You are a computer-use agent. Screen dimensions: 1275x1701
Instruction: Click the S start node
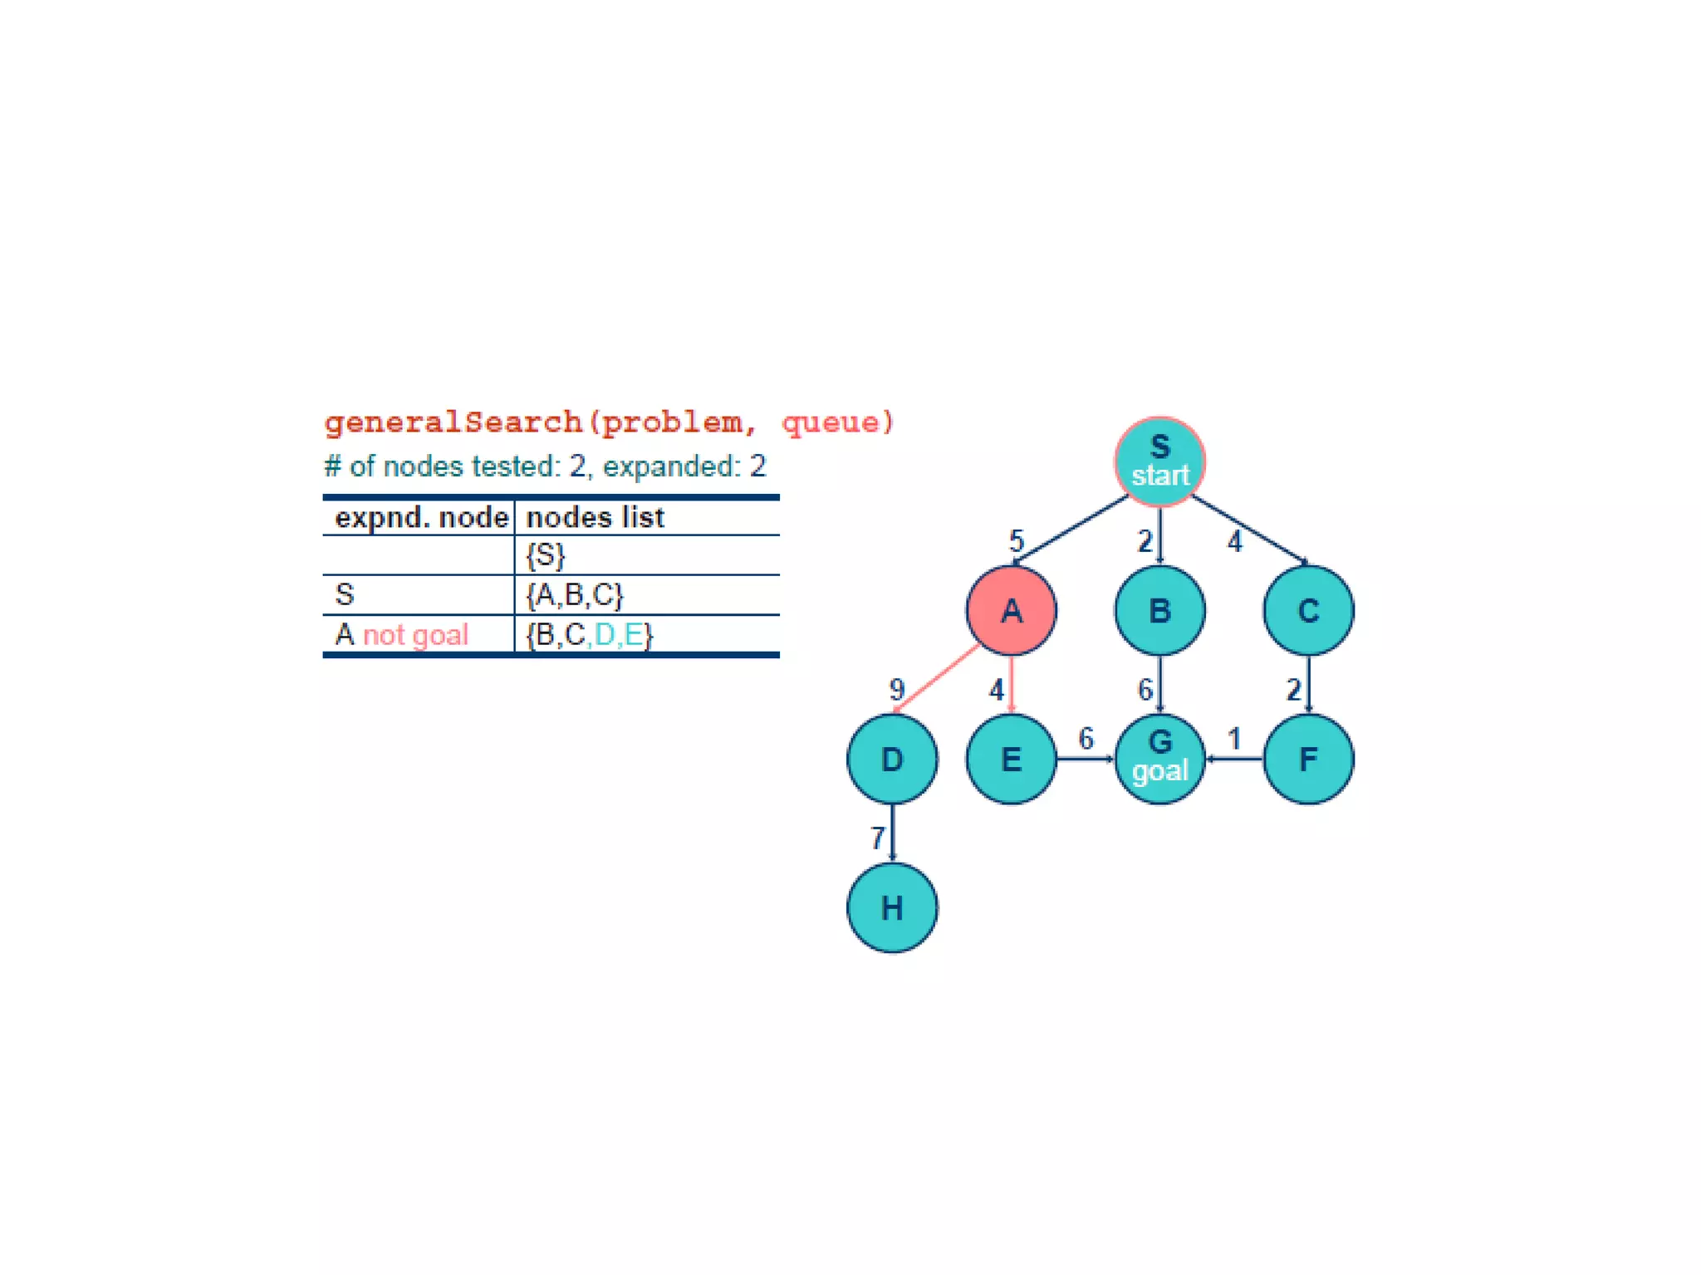[x=1159, y=462]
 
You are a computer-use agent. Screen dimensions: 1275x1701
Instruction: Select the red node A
[x=1011, y=611]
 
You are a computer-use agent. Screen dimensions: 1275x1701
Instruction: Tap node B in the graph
[x=1159, y=611]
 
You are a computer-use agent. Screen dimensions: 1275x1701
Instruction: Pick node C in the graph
[x=1308, y=611]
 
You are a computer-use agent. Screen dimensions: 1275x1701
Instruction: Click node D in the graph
[x=892, y=759]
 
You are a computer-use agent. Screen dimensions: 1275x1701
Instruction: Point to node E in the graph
[x=1011, y=759]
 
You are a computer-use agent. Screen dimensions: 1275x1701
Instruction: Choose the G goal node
[x=1159, y=759]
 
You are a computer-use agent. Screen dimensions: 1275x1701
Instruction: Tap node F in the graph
[x=1308, y=759]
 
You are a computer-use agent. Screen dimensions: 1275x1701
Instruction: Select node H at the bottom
[x=892, y=907]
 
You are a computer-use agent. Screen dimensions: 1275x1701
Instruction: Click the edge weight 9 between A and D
[x=897, y=689]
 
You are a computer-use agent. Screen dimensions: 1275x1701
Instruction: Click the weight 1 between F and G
[x=1234, y=738]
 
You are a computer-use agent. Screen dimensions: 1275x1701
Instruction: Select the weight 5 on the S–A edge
[x=1017, y=541]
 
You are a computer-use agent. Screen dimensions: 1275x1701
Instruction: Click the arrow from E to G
[x=1085, y=759]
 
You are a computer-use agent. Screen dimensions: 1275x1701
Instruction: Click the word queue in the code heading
[x=831, y=423]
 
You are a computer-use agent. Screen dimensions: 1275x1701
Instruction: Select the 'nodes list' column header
[x=595, y=517]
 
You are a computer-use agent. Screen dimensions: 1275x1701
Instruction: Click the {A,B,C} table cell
[x=574, y=594]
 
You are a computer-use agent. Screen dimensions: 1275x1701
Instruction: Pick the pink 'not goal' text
[x=415, y=635]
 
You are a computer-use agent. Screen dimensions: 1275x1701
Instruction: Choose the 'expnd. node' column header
[x=420, y=517]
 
